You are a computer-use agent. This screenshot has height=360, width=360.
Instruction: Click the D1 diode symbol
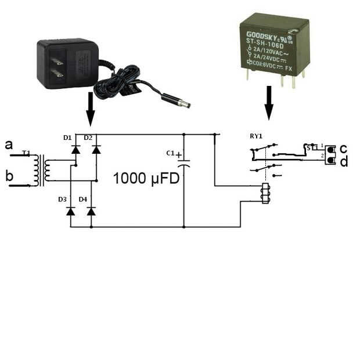tap(75, 149)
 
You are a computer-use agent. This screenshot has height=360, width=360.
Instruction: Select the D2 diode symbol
tap(96, 149)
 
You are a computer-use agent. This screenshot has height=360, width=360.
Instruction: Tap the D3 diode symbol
tap(71, 211)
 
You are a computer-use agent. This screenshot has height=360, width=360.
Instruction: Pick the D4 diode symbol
tap(91, 211)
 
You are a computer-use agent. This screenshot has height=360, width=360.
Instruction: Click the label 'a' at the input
tap(9, 144)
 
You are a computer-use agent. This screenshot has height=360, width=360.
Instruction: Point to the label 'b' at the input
tap(9, 176)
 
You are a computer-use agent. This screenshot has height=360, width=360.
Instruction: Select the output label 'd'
tap(344, 162)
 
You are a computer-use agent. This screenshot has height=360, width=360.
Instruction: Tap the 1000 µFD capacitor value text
tap(146, 178)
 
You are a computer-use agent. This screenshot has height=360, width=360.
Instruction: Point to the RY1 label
tap(256, 137)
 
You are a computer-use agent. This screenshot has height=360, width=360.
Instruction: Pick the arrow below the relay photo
tap(268, 104)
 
